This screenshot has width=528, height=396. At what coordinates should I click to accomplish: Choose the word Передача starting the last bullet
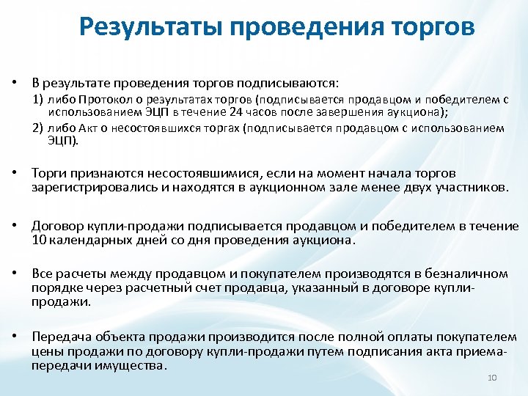click(x=59, y=337)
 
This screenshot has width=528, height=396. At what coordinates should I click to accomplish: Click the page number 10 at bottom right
click(x=492, y=378)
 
